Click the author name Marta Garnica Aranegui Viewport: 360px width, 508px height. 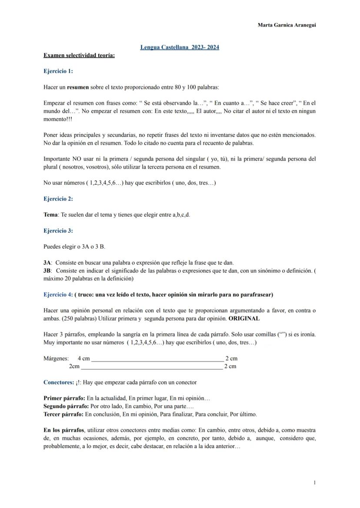287,25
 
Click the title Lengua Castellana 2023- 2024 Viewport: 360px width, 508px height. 180,47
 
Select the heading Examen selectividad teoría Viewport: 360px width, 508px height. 79,55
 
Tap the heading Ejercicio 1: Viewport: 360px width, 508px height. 58,71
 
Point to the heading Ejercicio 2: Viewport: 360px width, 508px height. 58,199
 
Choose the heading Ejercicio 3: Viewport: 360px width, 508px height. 58,231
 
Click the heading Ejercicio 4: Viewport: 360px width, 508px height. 58,295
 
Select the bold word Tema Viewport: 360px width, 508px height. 51,215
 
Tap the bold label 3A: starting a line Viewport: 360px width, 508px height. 48,262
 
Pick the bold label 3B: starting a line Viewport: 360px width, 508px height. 48,271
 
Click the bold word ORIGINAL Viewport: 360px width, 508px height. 244,319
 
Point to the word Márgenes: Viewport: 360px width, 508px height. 56,359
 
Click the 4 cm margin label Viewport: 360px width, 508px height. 84,359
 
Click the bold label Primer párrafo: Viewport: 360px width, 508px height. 64,398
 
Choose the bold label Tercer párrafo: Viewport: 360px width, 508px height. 63,414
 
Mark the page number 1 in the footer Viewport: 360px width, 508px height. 314,482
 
